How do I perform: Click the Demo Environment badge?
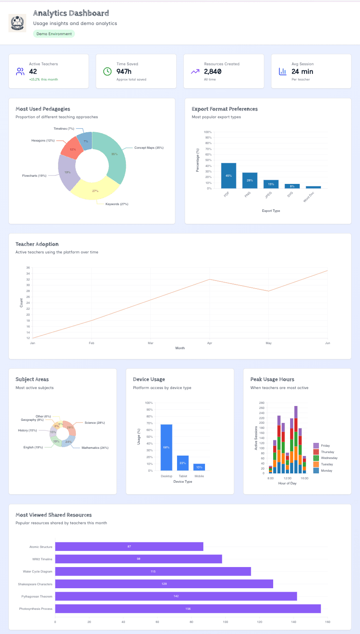coord(54,34)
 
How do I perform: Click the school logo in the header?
coord(17,23)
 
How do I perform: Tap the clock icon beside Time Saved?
coord(108,71)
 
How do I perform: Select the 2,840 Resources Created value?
coord(213,72)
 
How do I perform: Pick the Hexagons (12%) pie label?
coord(43,140)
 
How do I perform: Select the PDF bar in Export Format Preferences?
coord(228,175)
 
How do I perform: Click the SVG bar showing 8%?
coord(292,186)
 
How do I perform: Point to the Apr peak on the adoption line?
coord(209,279)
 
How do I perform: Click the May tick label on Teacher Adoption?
coord(269,343)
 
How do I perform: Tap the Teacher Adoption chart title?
coord(37,244)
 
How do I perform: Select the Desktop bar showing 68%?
coord(166,447)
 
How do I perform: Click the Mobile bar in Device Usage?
coord(199,467)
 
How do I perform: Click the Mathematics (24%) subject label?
coord(95,448)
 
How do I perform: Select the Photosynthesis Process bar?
coord(188,609)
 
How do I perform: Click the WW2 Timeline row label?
coord(42,559)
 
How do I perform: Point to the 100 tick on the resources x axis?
coord(225,622)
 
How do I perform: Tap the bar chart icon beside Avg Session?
coord(282,71)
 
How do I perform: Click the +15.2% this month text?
coord(44,79)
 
